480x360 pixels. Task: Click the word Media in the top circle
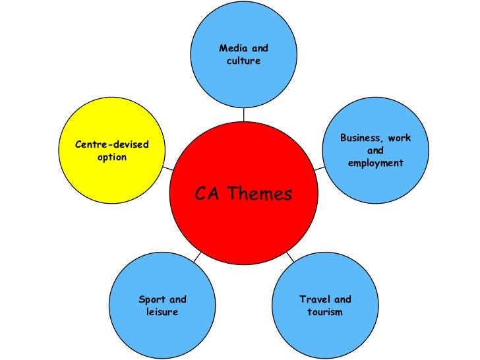[231, 49]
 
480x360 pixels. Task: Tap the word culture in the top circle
[243, 61]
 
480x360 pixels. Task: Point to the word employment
[375, 163]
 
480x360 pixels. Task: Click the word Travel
[314, 299]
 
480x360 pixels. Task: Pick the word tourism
[325, 311]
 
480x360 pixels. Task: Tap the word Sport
[152, 299]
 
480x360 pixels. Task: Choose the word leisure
[162, 311]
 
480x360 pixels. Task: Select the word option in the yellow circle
[112, 158]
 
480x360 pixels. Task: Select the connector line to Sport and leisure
[197, 256]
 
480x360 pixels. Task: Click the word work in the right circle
[400, 138]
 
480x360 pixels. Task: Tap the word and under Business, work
[375, 151]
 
